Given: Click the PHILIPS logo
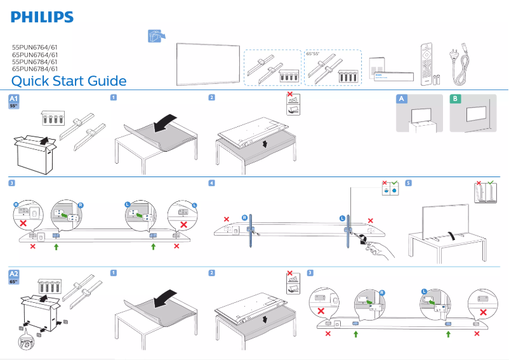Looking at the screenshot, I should [x=43, y=17].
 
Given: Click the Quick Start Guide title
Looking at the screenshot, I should [x=69, y=81].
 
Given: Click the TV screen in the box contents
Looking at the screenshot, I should [x=205, y=63].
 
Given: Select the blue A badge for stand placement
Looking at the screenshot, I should [x=400, y=98].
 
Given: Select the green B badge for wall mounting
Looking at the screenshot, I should [x=454, y=98].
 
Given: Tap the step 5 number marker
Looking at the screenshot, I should [x=408, y=183].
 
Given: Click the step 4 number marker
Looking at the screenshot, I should [x=211, y=183].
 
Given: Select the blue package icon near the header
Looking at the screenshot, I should [x=154, y=36].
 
